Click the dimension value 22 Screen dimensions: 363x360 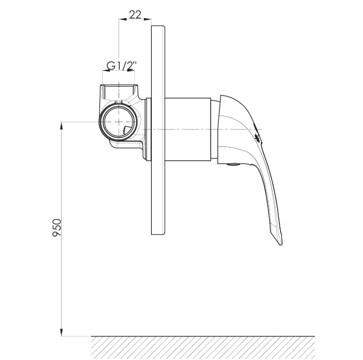point(135,15)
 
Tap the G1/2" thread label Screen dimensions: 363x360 point(122,65)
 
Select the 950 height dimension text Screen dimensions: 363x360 point(57,227)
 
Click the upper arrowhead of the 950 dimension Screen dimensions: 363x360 point(61,126)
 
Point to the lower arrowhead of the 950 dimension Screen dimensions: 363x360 point(61,332)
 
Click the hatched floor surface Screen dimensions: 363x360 point(203,348)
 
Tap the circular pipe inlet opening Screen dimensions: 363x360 point(119,122)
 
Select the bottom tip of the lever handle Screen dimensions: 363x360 point(280,244)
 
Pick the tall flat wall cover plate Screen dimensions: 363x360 point(158,130)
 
